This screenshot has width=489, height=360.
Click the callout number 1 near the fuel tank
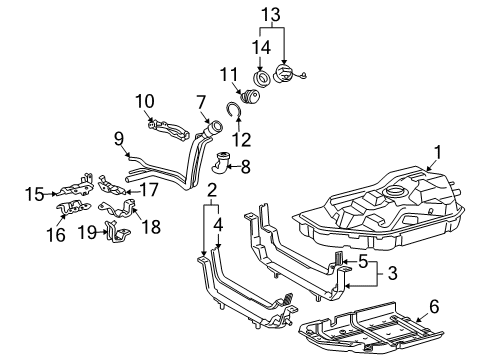point(436,153)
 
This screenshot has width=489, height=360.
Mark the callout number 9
point(117,139)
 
